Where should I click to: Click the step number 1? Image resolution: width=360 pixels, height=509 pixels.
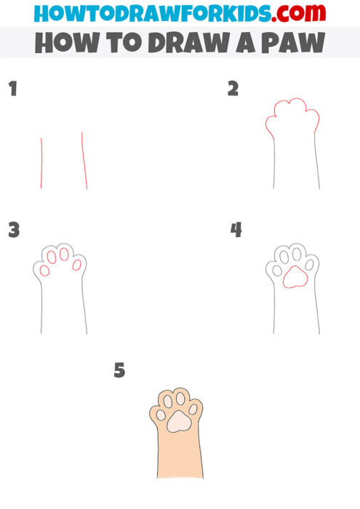[x=12, y=90]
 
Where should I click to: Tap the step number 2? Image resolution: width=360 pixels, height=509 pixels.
[x=233, y=89]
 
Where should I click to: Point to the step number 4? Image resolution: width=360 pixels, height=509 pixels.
[x=236, y=231]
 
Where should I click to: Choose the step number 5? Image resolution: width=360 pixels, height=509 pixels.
[x=120, y=371]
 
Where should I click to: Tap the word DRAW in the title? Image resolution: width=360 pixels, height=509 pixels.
[x=184, y=43]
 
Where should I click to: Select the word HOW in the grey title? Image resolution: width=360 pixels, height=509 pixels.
[x=62, y=43]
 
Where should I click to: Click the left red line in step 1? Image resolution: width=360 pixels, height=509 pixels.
[x=41, y=164]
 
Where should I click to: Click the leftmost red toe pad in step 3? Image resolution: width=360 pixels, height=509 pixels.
[x=44, y=270]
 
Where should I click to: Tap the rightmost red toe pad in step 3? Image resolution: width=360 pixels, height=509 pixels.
[x=76, y=265]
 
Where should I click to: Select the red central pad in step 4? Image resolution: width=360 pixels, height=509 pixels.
[x=294, y=278]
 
